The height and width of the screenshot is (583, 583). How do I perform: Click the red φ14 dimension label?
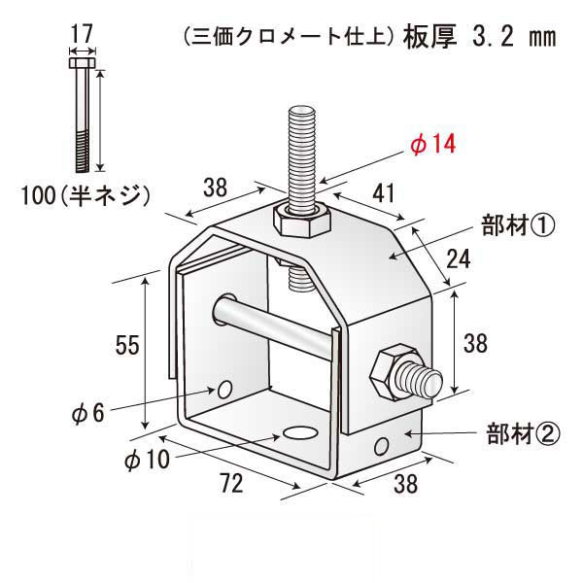click(432, 145)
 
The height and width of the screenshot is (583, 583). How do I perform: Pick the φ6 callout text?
click(86, 413)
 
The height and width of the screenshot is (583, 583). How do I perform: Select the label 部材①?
click(516, 227)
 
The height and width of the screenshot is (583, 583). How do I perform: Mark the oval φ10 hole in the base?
click(300, 431)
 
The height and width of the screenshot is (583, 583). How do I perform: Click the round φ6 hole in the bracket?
click(224, 390)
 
